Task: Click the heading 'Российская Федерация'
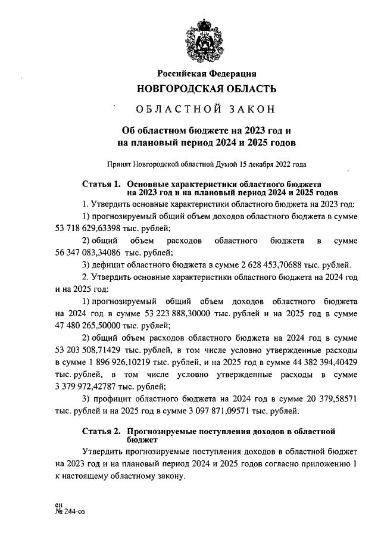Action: (x=207, y=73)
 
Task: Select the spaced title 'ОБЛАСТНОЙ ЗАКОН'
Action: (x=207, y=110)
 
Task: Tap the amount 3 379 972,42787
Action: (x=92, y=387)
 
